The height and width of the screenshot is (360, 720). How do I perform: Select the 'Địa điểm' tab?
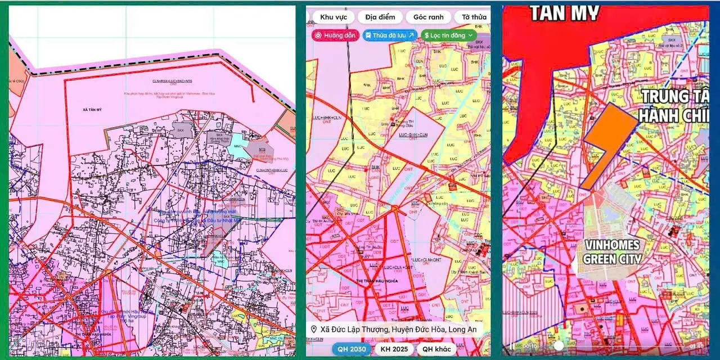[x=380, y=17]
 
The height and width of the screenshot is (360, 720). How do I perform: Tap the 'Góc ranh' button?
[x=429, y=17]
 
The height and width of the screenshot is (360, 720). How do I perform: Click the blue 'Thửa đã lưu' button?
[x=389, y=35]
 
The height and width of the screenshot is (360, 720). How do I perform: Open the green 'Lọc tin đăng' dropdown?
[x=449, y=35]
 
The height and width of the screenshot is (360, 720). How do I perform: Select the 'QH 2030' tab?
[x=351, y=349]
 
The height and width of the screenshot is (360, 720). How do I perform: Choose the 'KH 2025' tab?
[x=394, y=349]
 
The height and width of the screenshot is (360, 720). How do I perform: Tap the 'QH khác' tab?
[x=435, y=349]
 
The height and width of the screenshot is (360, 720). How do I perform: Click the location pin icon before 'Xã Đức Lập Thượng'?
[x=313, y=329]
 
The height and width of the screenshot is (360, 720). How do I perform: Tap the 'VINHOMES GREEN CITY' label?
[x=612, y=251]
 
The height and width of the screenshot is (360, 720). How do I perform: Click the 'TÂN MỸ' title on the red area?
[x=564, y=12]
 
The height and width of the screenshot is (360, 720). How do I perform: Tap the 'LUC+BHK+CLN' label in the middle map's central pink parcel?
[x=413, y=136]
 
